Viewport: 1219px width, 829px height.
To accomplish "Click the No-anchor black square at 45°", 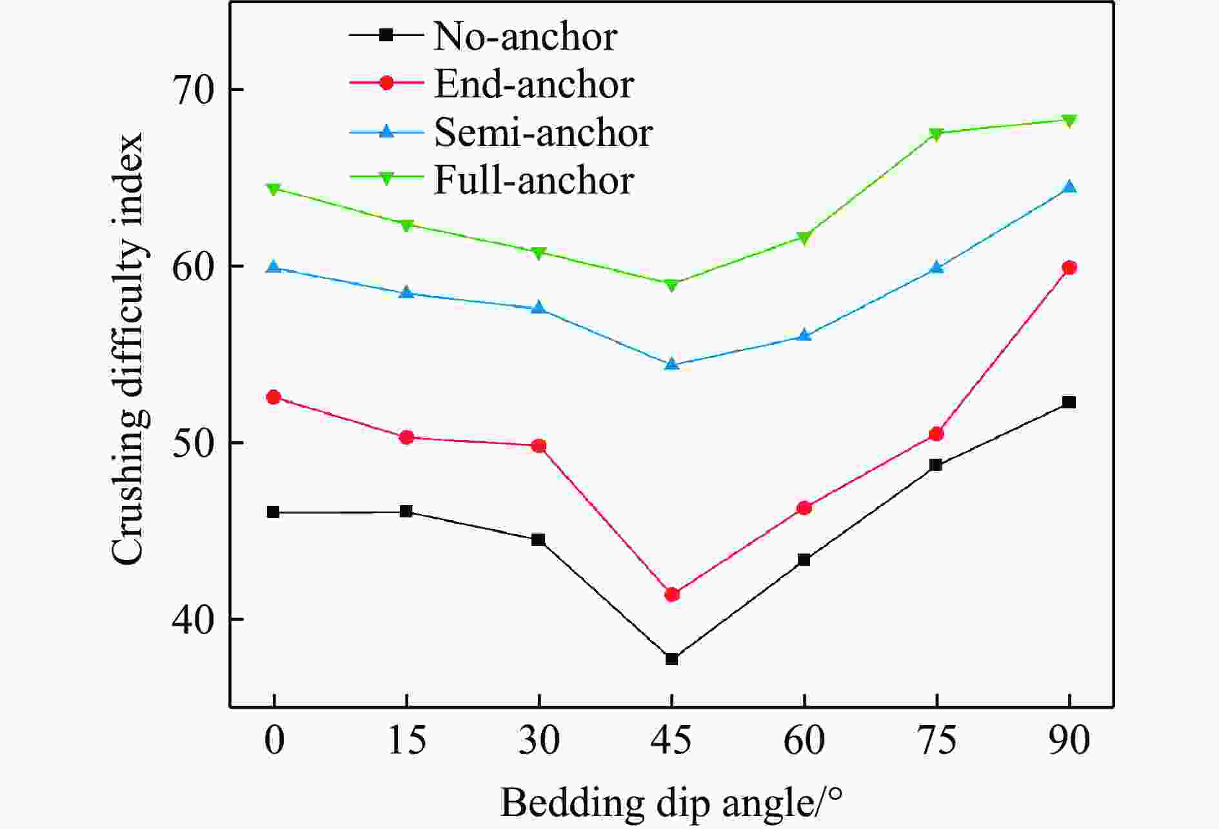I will [x=671, y=659].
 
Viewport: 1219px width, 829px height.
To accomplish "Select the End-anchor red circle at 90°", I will [x=1069, y=268].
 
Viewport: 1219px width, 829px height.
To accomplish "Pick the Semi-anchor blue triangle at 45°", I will [x=671, y=365].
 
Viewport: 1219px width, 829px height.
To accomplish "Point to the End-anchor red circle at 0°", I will [x=273, y=397].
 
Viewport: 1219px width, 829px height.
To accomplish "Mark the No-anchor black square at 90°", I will [x=1069, y=403].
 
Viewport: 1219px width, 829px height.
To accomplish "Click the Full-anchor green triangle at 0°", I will [x=273, y=189].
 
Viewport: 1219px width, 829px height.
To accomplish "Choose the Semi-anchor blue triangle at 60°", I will [x=804, y=335].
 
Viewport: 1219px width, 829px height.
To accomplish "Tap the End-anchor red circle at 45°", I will [x=671, y=594].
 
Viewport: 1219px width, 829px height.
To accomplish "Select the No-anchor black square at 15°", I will [x=406, y=512].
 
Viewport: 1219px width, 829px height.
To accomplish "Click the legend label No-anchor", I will [x=526, y=36].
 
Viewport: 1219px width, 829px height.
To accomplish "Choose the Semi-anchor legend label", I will [x=543, y=132].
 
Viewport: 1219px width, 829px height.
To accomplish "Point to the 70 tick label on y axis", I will [x=192, y=90].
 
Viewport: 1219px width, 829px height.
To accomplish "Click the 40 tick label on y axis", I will [x=192, y=620].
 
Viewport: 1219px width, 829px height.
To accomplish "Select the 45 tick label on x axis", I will [x=671, y=740].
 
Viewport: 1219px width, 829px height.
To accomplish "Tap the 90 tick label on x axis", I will [x=1069, y=740].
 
